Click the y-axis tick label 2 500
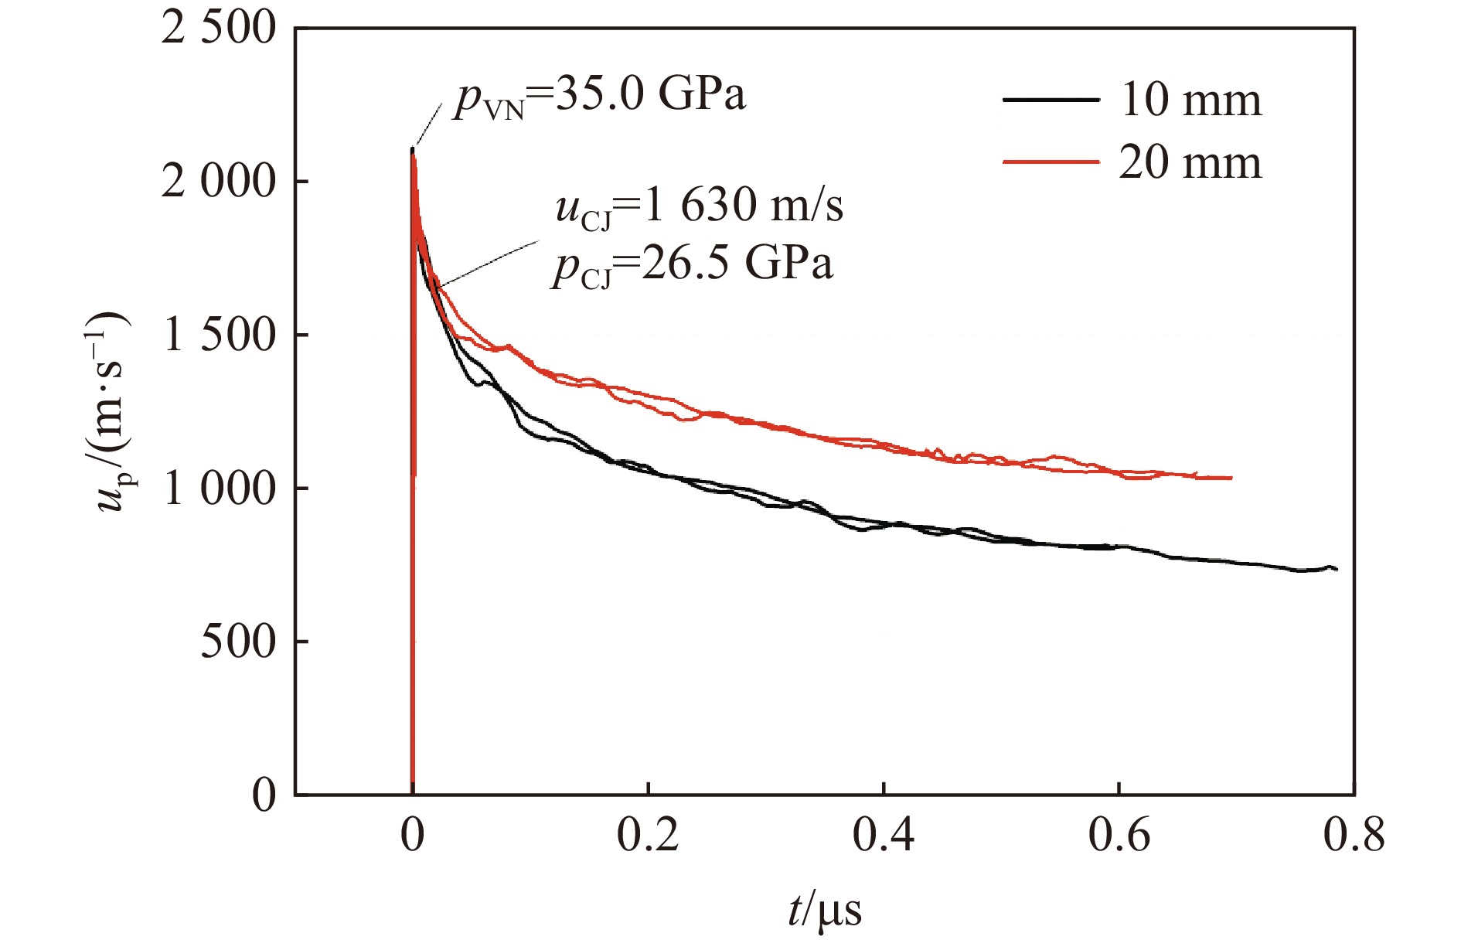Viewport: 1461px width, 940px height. (219, 29)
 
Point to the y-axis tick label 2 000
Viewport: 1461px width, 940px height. (219, 182)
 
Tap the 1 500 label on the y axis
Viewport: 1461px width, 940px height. (219, 335)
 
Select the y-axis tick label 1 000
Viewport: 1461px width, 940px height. (219, 489)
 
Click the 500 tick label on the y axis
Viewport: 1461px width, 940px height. (238, 642)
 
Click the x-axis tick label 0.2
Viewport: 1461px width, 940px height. (648, 835)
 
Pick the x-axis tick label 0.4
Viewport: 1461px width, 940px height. (884, 835)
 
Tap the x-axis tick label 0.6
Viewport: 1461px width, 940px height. (1119, 835)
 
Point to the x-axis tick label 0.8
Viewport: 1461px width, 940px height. (1354, 835)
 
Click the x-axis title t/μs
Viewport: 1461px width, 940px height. (824, 910)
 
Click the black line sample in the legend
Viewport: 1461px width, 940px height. (1051, 100)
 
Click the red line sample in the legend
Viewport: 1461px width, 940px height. (1051, 162)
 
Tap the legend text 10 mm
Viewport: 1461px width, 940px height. (1190, 100)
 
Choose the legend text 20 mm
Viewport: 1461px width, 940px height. (1190, 162)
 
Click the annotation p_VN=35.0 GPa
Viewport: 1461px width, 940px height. (600, 97)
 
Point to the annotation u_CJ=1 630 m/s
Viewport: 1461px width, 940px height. (699, 206)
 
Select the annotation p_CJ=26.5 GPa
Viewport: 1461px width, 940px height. (693, 265)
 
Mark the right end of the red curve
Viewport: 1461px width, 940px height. (1231, 478)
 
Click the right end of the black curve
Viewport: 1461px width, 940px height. (1337, 569)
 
